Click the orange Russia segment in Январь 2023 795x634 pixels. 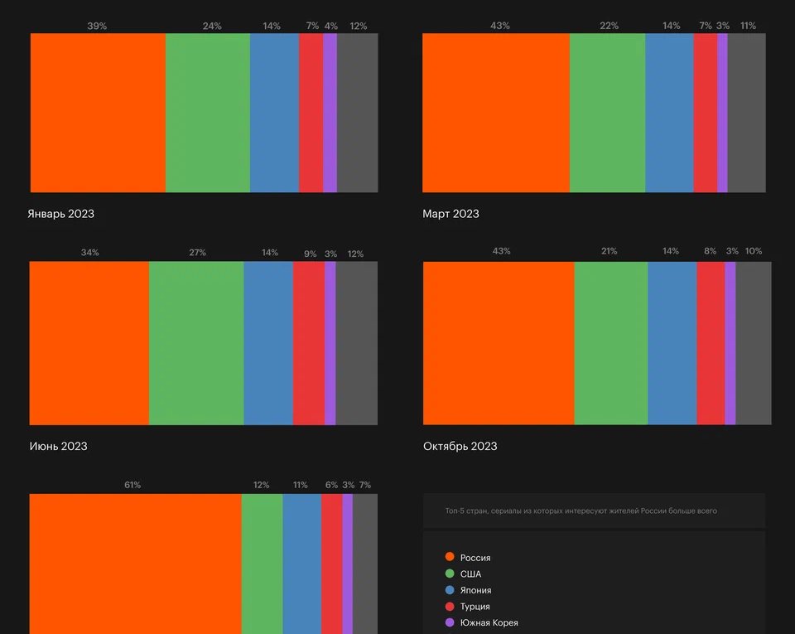pyautogui.click(x=98, y=113)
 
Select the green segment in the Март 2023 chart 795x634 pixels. pyautogui.click(x=607, y=113)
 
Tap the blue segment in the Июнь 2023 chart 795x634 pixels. pyautogui.click(x=268, y=343)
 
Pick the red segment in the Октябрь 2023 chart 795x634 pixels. pyautogui.click(x=711, y=343)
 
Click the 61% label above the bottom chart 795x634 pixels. pyautogui.click(x=132, y=485)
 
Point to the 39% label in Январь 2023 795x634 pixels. pyautogui.click(x=97, y=26)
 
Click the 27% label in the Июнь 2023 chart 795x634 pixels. pyautogui.click(x=197, y=253)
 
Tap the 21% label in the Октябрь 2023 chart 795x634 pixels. pyautogui.click(x=609, y=251)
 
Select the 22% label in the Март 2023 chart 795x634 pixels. pyautogui.click(x=609, y=26)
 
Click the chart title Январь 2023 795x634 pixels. pyautogui.click(x=60, y=214)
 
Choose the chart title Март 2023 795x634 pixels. pyautogui.click(x=450, y=214)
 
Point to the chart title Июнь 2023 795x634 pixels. pyautogui.click(x=57, y=446)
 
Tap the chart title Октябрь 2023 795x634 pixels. pyautogui.click(x=460, y=446)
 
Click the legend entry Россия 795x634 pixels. pyautogui.click(x=475, y=558)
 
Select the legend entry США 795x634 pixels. pyautogui.click(x=470, y=574)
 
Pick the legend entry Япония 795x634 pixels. pyautogui.click(x=475, y=590)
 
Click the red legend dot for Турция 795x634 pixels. pyautogui.click(x=450, y=607)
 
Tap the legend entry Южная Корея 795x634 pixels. pyautogui.click(x=489, y=622)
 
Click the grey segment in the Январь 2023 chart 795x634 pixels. pyautogui.click(x=357, y=113)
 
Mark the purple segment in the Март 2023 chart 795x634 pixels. pyautogui.click(x=722, y=113)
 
